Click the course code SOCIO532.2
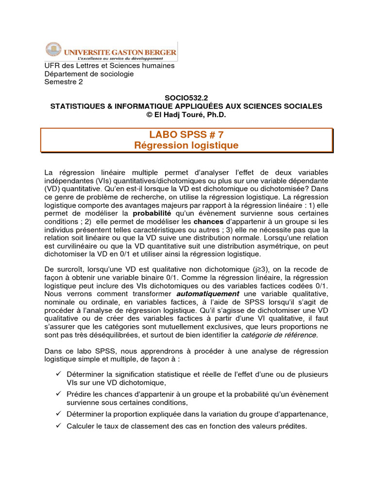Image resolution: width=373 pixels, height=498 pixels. point(186,98)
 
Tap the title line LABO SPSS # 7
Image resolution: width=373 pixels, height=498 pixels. point(186,135)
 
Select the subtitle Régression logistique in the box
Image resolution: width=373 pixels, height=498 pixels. point(186,145)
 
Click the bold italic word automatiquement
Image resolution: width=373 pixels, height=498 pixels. point(207,294)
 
